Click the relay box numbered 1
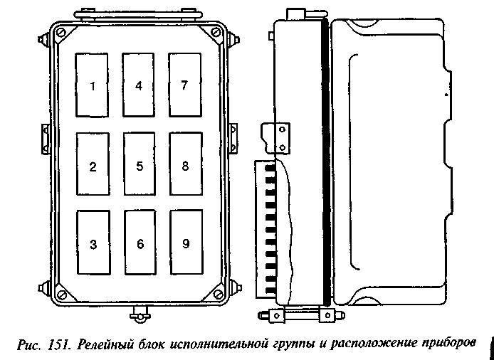(x=92, y=85)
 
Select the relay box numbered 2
(x=93, y=164)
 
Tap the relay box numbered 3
(x=93, y=243)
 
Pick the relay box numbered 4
(x=138, y=85)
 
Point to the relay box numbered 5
(x=140, y=164)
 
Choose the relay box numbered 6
(x=140, y=243)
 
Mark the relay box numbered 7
(x=184, y=85)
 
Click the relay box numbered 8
(x=186, y=164)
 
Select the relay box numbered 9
(x=186, y=242)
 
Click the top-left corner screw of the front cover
(x=61, y=33)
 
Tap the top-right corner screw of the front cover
(x=216, y=32)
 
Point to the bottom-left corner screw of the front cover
(x=63, y=295)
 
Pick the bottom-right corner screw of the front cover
(x=218, y=294)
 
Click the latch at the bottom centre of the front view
(x=140, y=314)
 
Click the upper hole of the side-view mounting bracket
(x=283, y=129)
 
